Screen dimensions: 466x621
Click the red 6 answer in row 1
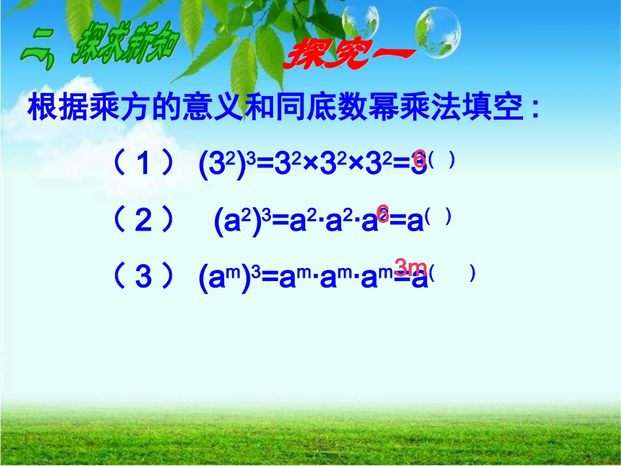tap(420, 158)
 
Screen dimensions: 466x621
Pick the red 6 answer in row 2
tap(382, 213)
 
